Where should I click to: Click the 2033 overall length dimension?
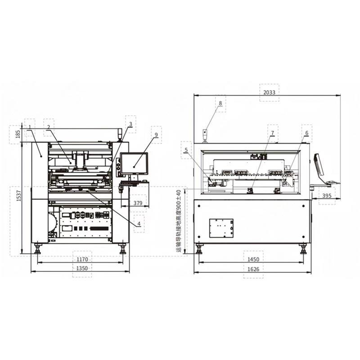pyautogui.click(x=269, y=93)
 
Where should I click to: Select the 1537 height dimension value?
pyautogui.click(x=18, y=196)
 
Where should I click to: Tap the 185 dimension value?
pyautogui.click(x=18, y=134)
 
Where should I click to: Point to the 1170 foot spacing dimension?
pyautogui.click(x=82, y=260)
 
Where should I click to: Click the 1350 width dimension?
pyautogui.click(x=82, y=268)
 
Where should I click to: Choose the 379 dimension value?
pyautogui.click(x=138, y=203)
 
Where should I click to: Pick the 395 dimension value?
pyautogui.click(x=327, y=196)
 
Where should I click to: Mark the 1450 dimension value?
pyautogui.click(x=253, y=260)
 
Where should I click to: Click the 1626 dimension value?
pyautogui.click(x=253, y=269)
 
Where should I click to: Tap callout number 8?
pyautogui.click(x=220, y=103)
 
